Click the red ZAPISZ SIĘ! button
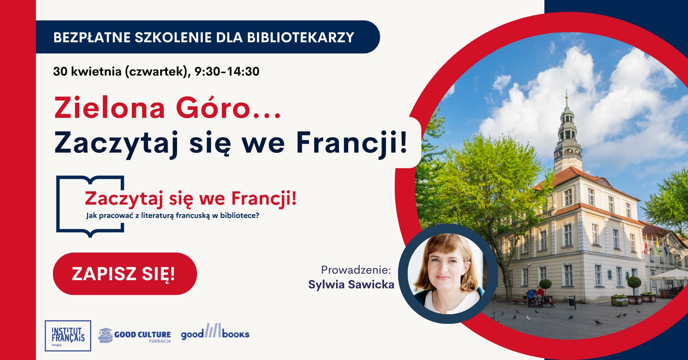click(125, 274)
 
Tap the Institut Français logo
click(68, 336)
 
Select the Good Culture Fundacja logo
click(135, 335)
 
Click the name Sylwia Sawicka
click(351, 284)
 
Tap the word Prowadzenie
click(356, 270)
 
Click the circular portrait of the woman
click(448, 274)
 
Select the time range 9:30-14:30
click(227, 71)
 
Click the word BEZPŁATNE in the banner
click(92, 37)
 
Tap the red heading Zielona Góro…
click(167, 108)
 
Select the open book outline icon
click(90, 206)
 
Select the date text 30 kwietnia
click(87, 71)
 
